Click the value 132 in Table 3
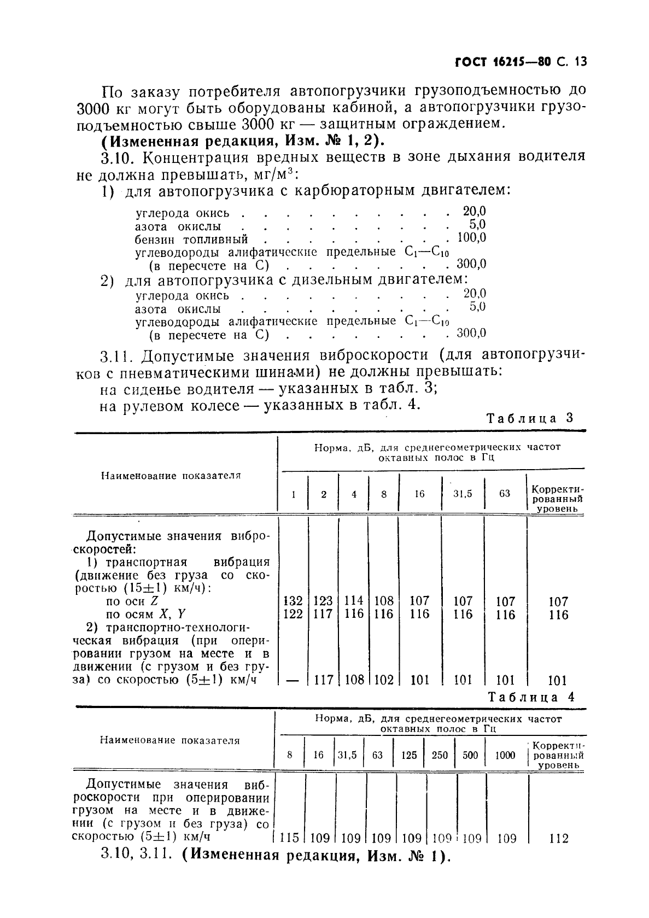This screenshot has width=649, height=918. [294, 601]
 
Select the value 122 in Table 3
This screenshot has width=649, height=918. [294, 614]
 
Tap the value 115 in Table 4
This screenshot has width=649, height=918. [289, 838]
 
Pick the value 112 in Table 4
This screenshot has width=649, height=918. [558, 838]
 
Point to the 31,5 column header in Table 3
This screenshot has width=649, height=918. [463, 494]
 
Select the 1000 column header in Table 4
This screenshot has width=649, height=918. [505, 755]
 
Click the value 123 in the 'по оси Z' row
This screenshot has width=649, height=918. [323, 601]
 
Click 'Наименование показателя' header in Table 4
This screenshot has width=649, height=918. [170, 740]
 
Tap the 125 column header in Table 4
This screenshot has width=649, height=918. [408, 755]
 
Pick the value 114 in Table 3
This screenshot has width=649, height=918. [354, 601]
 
